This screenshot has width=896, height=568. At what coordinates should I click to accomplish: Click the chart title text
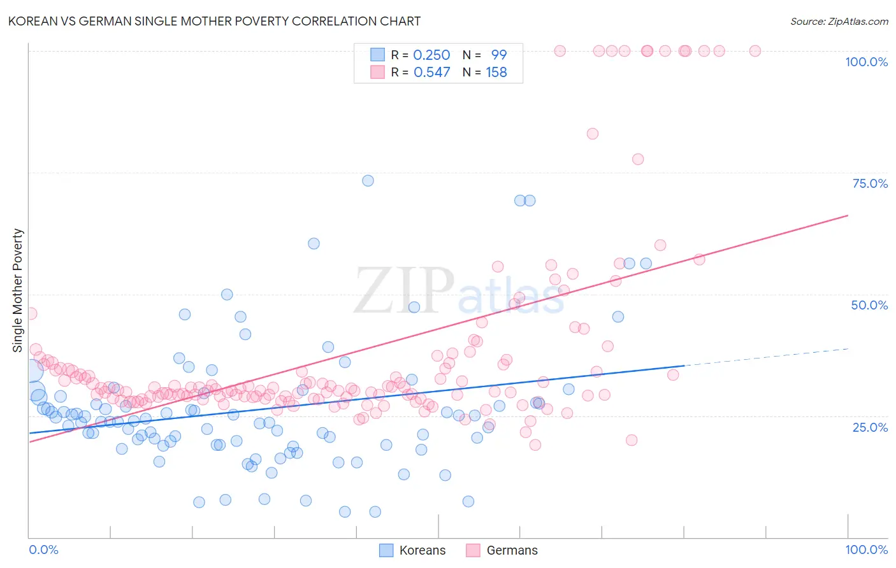coord(214,21)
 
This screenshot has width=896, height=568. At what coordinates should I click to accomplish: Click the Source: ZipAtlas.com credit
coord(839,21)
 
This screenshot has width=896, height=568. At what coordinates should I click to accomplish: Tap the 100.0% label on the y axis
coord(866,62)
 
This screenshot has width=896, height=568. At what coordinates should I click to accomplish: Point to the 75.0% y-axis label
coord(870,183)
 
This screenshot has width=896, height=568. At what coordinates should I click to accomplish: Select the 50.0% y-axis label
coord(869,305)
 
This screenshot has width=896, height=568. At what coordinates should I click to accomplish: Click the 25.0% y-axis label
coord(870,427)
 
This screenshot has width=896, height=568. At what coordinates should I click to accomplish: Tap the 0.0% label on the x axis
coord(43,550)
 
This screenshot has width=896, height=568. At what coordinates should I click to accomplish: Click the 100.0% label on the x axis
coord(866,550)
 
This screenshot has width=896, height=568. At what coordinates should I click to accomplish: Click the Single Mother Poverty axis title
coord(18,290)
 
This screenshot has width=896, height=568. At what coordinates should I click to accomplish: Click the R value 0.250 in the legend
coord(431,55)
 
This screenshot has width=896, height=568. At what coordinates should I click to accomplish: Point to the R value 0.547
coord(431,73)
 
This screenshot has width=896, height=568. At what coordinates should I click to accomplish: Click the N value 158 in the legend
coord(496,73)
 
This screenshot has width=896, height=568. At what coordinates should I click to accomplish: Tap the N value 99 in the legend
coord(498,55)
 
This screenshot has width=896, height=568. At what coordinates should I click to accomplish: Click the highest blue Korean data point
coord(368,181)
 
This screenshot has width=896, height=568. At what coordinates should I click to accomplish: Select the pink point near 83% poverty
coord(593,134)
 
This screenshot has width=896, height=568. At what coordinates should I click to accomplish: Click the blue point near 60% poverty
coord(314,243)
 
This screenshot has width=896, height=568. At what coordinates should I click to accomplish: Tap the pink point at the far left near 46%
coord(31,313)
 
